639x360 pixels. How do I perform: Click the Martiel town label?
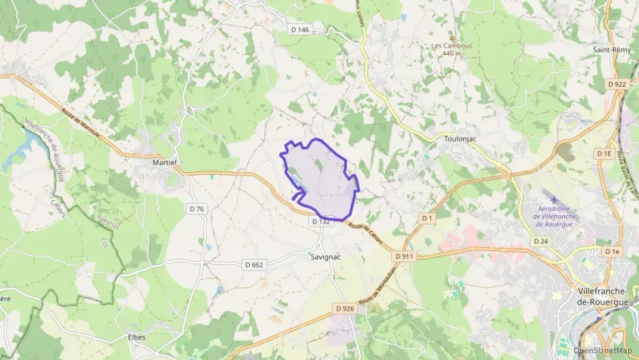[165, 162]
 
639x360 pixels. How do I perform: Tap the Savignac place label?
[324, 257]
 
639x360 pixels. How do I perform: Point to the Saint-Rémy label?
[610, 50]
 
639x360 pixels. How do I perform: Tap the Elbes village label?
[137, 337]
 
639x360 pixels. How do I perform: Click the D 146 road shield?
[300, 29]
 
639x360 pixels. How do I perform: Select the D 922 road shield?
[616, 84]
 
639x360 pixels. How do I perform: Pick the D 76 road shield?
[196, 208]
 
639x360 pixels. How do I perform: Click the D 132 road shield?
[321, 221]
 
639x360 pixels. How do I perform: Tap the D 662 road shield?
[254, 264]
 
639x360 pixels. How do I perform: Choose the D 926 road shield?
[345, 309]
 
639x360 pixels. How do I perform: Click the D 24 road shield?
[541, 241]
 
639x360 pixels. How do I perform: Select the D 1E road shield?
[603, 154]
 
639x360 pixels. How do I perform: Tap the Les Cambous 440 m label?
[452, 49]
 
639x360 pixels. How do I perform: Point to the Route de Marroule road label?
[81, 123]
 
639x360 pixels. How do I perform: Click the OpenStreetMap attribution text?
[603, 352]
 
